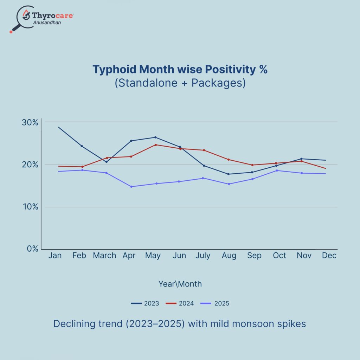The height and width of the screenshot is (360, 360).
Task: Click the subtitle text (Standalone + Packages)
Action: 180,84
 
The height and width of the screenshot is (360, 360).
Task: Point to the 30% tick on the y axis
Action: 30,122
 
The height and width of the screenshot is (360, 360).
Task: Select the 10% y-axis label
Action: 30,207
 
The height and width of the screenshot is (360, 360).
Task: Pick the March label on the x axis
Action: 104,256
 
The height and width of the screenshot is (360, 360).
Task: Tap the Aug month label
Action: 229,256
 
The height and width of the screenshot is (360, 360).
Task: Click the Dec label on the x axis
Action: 329,256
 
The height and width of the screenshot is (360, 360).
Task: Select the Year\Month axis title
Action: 180,284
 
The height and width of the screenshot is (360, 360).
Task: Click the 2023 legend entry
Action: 145,303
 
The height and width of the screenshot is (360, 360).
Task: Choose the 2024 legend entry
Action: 180,303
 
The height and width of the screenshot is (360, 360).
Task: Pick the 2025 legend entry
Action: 215,303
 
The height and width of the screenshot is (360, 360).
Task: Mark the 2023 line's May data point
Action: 155,137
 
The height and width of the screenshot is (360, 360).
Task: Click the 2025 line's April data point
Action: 131,187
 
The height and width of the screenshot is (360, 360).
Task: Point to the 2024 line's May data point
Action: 155,144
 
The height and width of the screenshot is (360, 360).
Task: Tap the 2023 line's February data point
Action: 82,146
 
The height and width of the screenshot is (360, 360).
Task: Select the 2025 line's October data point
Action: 277,171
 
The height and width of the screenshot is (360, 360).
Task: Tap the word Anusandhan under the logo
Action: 50,22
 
